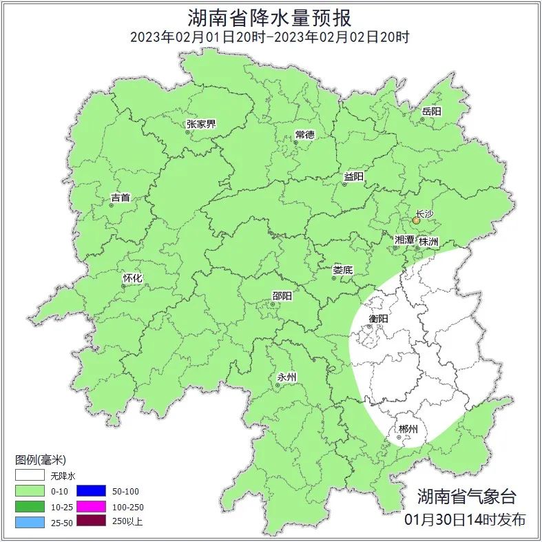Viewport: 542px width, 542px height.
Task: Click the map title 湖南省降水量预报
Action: (x=270, y=17)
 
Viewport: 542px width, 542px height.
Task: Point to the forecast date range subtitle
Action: (x=270, y=37)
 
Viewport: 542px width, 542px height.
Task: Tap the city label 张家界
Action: (x=201, y=124)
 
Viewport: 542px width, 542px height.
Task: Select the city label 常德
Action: (x=304, y=134)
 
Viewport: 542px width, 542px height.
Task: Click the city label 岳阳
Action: (x=431, y=111)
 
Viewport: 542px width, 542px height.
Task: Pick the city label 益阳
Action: (x=353, y=177)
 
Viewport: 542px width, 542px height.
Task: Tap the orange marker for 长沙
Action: (x=416, y=221)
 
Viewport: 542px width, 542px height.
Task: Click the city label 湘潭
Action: (x=404, y=240)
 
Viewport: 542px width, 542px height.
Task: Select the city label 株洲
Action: (x=428, y=242)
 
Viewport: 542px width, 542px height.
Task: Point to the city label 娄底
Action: (x=342, y=270)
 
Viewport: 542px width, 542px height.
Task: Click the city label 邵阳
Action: (x=282, y=296)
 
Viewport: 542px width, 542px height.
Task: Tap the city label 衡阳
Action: (x=379, y=319)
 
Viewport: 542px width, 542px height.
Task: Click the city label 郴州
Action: (x=408, y=430)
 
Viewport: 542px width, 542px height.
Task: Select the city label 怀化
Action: (x=132, y=278)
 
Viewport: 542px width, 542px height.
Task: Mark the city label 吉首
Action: (x=121, y=198)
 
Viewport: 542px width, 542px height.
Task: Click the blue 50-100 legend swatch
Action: (x=91, y=491)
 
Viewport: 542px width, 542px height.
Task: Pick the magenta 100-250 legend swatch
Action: (x=91, y=506)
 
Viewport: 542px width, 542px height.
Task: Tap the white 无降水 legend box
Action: (x=30, y=476)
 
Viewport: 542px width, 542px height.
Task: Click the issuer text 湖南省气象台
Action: (x=466, y=496)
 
